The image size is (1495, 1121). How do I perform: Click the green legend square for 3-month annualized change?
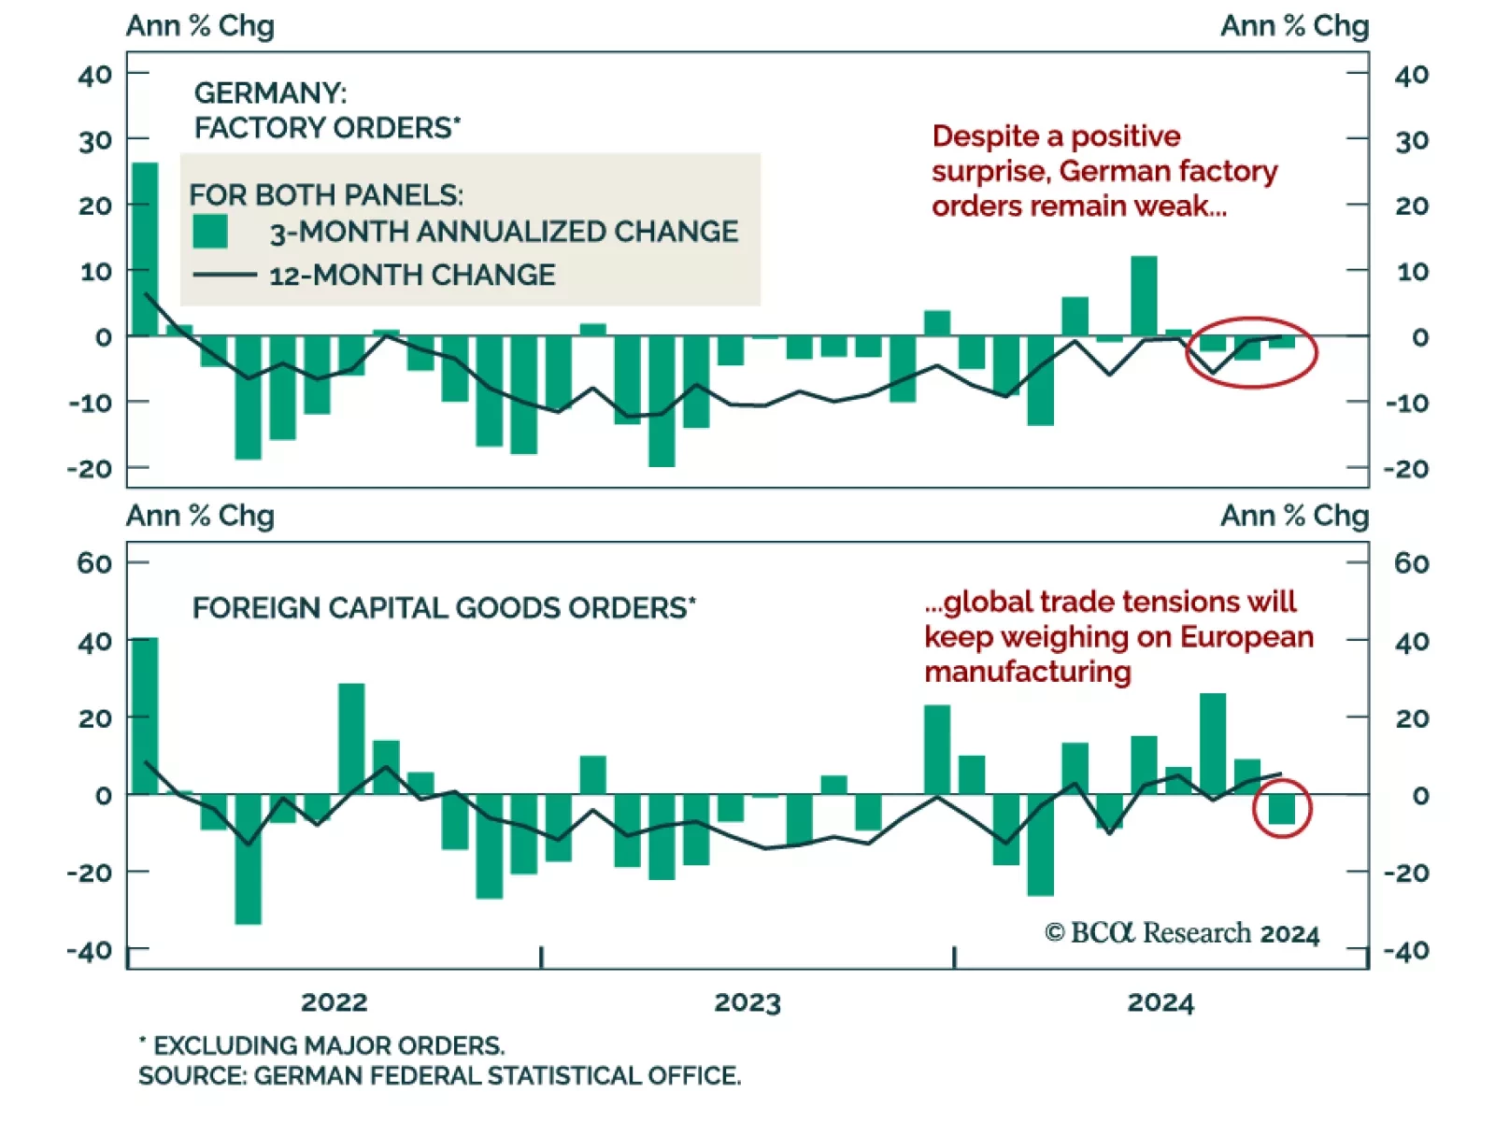point(210,232)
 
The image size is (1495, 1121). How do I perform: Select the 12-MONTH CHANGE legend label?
point(412,276)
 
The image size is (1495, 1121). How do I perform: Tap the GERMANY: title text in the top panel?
point(270,92)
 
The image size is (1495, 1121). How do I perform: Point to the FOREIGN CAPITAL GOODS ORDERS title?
point(444,608)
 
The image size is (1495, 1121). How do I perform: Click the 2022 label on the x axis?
point(334,1002)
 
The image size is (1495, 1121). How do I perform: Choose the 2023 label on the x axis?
point(747,1002)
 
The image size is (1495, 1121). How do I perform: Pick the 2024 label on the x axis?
point(1160,1002)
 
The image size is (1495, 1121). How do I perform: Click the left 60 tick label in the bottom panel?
point(94,563)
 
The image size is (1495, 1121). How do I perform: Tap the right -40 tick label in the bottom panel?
point(1406,951)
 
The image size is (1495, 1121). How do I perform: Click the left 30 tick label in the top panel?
point(94,141)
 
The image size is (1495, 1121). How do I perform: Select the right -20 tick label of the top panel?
point(1406,468)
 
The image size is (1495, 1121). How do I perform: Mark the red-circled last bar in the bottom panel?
point(1282,809)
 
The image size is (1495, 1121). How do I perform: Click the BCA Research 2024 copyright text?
point(1181,933)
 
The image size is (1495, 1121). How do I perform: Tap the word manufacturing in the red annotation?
point(1027,672)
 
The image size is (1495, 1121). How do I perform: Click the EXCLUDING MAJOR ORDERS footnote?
point(321,1045)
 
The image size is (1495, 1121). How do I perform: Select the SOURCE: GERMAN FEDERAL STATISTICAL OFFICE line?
point(439,1076)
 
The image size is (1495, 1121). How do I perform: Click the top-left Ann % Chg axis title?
point(200,25)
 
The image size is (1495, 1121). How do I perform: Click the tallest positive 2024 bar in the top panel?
point(1144,296)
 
